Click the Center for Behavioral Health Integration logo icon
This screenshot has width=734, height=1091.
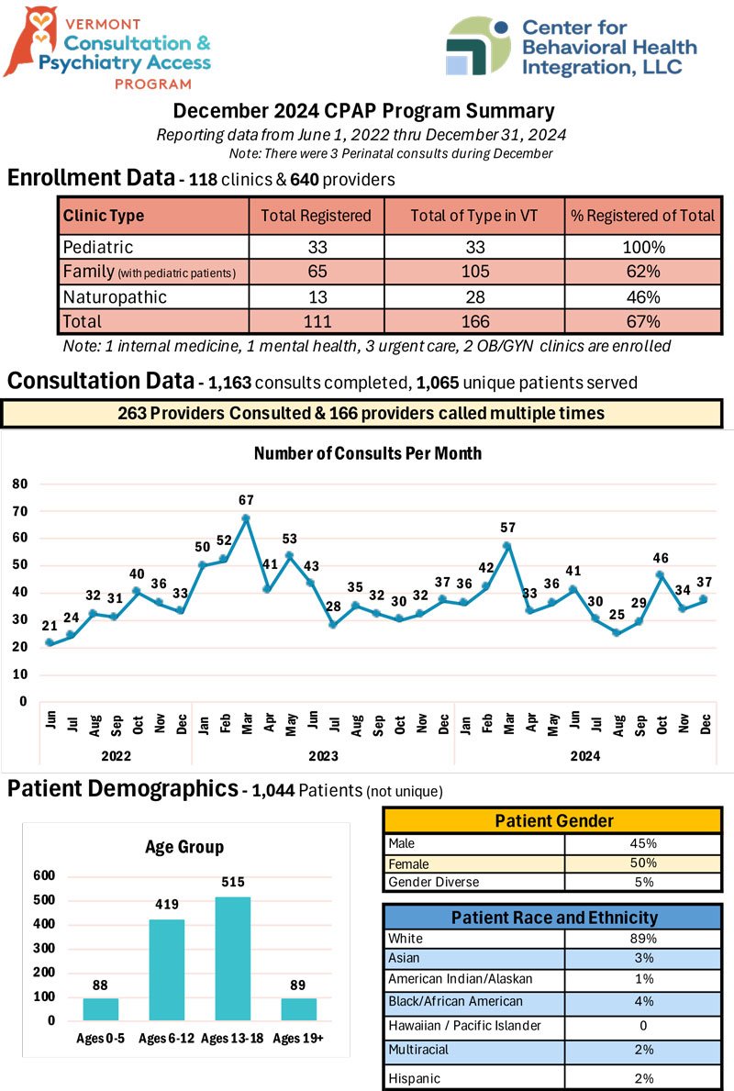[479, 46]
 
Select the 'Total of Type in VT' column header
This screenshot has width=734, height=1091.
[473, 216]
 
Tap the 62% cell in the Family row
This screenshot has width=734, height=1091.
[643, 272]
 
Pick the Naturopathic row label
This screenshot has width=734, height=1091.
[115, 297]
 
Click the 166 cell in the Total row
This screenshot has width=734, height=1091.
[475, 321]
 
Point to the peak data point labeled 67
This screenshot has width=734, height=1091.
[246, 518]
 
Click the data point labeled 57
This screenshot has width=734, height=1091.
[508, 546]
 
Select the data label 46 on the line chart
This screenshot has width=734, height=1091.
[661, 558]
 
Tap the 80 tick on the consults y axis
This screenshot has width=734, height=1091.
[20, 484]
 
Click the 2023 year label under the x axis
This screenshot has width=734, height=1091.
[323, 756]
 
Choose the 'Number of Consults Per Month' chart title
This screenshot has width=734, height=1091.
[367, 453]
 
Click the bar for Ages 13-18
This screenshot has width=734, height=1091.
[232, 959]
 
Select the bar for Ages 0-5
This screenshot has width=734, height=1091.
[100, 1009]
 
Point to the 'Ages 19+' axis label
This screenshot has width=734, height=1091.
[298, 1038]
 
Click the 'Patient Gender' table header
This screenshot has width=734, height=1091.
[554, 821]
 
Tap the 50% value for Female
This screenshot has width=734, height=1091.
[643, 863]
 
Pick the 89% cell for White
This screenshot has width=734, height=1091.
[643, 938]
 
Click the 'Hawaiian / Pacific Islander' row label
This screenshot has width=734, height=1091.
[465, 1026]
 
